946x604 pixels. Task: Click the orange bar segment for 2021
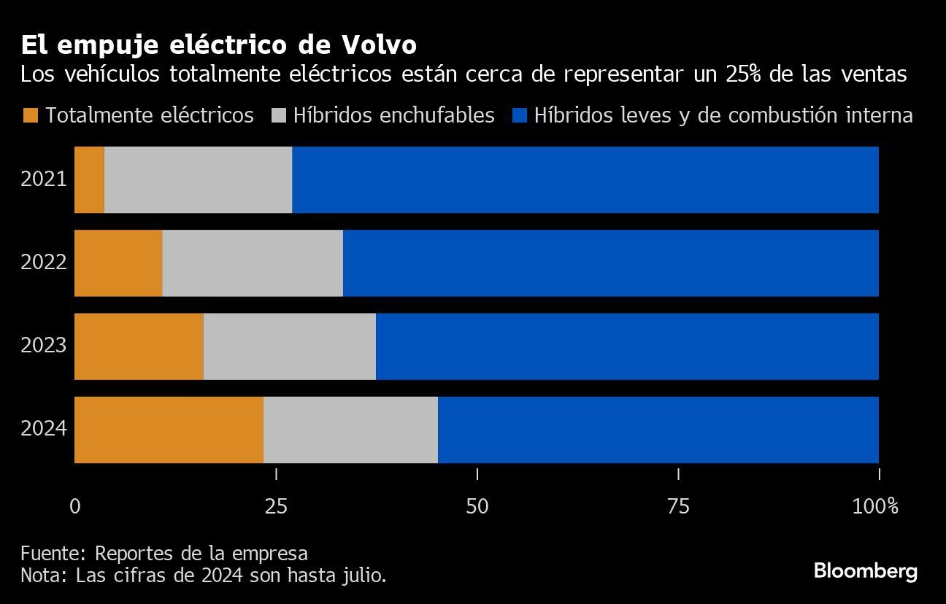point(89,179)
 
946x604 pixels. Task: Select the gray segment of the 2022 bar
point(253,263)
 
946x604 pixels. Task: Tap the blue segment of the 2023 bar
point(627,346)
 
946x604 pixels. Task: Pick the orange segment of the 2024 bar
point(169,429)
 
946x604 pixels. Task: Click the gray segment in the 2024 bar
point(350,429)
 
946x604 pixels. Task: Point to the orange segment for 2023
point(139,346)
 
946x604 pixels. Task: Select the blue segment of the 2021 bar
point(585,179)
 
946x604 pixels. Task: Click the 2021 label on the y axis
point(44,179)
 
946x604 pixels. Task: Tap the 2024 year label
point(44,428)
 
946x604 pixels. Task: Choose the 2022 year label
point(44,262)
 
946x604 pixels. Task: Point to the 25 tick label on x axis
point(276,506)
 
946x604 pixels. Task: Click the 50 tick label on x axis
point(477,506)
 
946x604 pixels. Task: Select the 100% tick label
point(875,506)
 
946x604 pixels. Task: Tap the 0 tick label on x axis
point(75,506)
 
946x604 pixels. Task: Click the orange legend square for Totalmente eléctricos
point(30,115)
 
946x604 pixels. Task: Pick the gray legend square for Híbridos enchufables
point(278,115)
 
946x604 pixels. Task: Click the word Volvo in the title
point(378,45)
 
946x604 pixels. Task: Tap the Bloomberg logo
point(865,570)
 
